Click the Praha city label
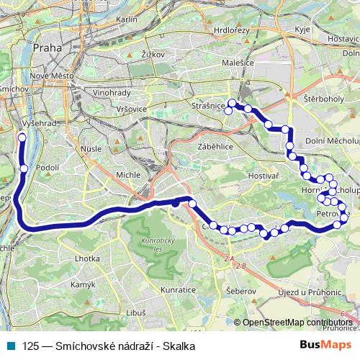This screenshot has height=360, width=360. click(48, 47)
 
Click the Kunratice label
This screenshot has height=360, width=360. click(178, 289)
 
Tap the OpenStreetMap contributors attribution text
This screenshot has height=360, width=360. click(297, 323)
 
